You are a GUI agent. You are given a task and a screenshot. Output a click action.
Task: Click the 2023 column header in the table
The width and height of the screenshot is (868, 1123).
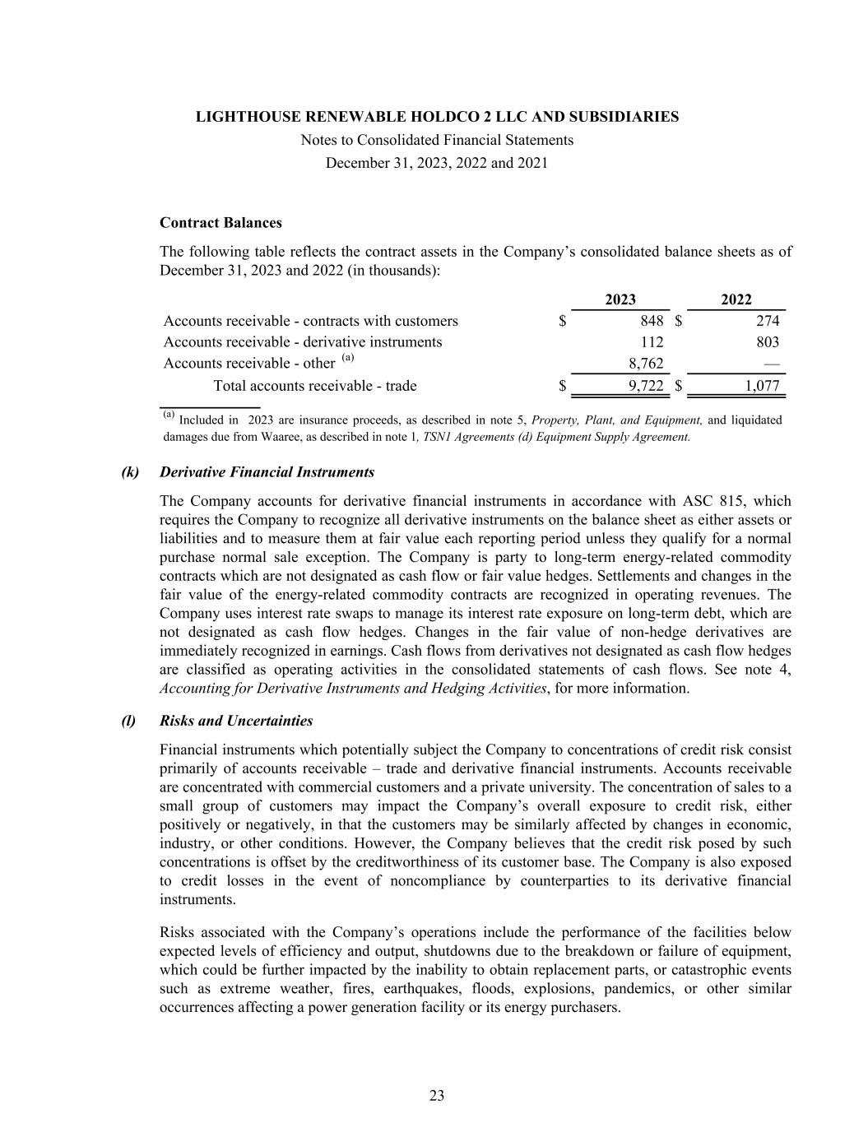tap(620, 300)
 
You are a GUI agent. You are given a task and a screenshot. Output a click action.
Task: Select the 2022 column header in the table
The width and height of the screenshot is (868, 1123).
tap(736, 300)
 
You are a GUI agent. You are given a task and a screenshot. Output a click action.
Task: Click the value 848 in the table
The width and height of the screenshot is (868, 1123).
tap(652, 321)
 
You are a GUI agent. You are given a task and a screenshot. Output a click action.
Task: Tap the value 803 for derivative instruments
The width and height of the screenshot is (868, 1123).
tap(767, 342)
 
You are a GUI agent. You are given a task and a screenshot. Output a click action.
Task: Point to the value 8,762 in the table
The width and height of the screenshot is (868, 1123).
tap(646, 364)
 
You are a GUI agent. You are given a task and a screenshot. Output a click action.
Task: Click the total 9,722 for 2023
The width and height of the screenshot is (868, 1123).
tap(646, 386)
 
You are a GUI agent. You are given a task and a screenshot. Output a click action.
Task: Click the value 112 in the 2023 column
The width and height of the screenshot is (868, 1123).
tap(652, 342)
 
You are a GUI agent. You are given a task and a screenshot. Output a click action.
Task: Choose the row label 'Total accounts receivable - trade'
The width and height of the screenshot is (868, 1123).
tap(315, 386)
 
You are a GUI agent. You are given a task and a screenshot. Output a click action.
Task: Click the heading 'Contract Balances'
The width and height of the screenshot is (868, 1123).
tap(220, 223)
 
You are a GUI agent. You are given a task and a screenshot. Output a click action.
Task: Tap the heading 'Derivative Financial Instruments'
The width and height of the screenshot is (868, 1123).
tap(267, 472)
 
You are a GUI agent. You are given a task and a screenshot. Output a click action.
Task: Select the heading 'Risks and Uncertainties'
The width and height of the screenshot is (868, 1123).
tap(236, 722)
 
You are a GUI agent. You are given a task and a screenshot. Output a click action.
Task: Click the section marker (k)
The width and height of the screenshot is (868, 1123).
tap(130, 472)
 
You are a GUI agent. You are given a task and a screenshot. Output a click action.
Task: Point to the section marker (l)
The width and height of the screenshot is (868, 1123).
tap(128, 722)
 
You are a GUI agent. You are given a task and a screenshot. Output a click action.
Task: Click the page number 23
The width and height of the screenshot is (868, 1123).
tap(437, 1095)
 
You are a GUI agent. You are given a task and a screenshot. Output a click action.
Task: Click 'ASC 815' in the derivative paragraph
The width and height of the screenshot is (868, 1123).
tap(714, 501)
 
